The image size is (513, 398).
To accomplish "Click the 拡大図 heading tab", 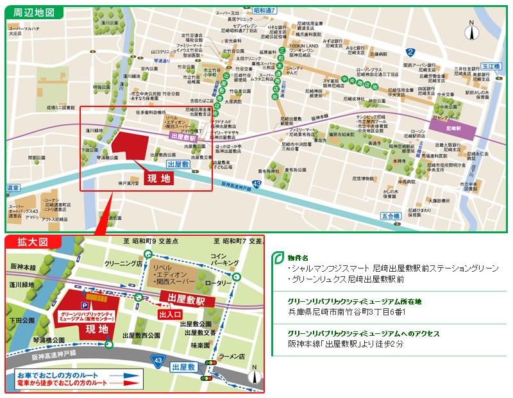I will point(31,242).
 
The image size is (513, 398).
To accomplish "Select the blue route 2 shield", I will point(410,52).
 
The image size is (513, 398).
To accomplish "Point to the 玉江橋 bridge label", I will point(491,66).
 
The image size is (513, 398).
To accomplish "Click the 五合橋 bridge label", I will point(390,216).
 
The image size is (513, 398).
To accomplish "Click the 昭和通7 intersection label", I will point(264,12).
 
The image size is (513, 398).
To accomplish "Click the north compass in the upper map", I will point(471,30).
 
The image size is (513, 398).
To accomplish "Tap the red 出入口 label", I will point(171,314).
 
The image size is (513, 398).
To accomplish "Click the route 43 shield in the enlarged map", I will point(157,361).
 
